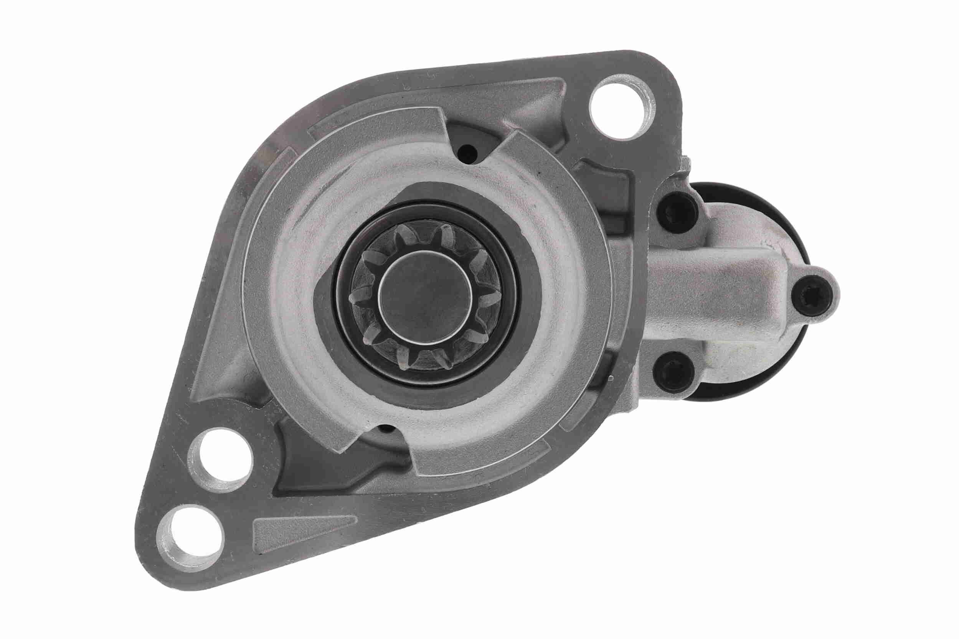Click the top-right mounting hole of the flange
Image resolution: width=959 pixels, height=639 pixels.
(x=622, y=107)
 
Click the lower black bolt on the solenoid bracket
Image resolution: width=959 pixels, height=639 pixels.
(x=673, y=372)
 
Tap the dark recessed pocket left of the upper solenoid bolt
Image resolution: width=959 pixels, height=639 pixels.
(x=599, y=183)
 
